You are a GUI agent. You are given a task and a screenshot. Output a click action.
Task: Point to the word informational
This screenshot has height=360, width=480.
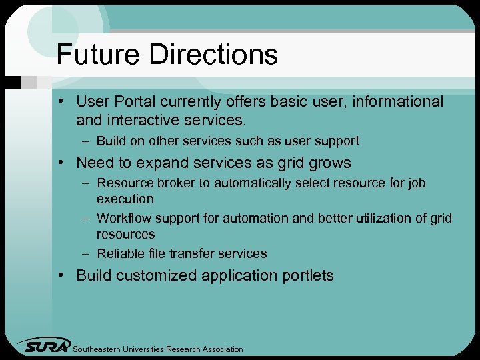pyautogui.click(x=397, y=102)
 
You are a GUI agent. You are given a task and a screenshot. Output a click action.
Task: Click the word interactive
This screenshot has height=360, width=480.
pyautogui.click(x=143, y=121)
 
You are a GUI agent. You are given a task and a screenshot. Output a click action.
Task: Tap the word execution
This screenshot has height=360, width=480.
pyautogui.click(x=125, y=199)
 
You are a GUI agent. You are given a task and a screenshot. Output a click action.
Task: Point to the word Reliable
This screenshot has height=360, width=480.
pyautogui.click(x=118, y=253)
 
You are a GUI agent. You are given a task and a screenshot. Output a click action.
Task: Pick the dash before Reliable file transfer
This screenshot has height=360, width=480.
pyautogui.click(x=86, y=253)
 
